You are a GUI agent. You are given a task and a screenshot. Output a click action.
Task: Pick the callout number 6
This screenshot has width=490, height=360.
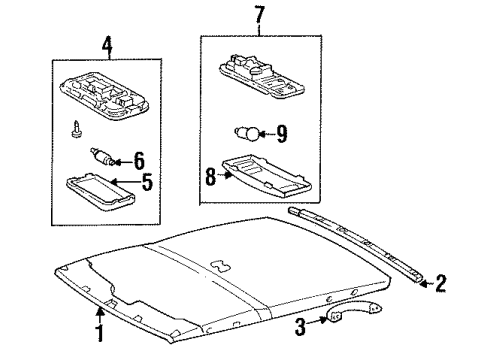[x=139, y=159]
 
